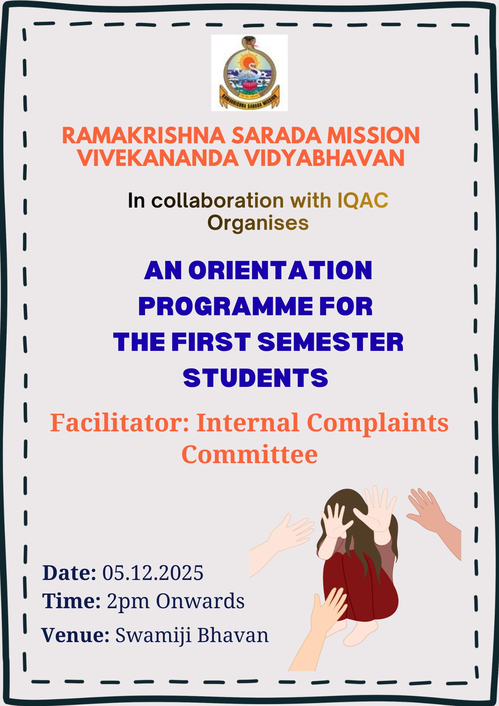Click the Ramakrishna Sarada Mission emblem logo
pos(249,73)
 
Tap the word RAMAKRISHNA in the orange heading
pos(143,136)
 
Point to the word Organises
pos(258,223)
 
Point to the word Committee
pos(249,455)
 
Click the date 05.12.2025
pos(153,573)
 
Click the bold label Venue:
pos(76,635)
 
